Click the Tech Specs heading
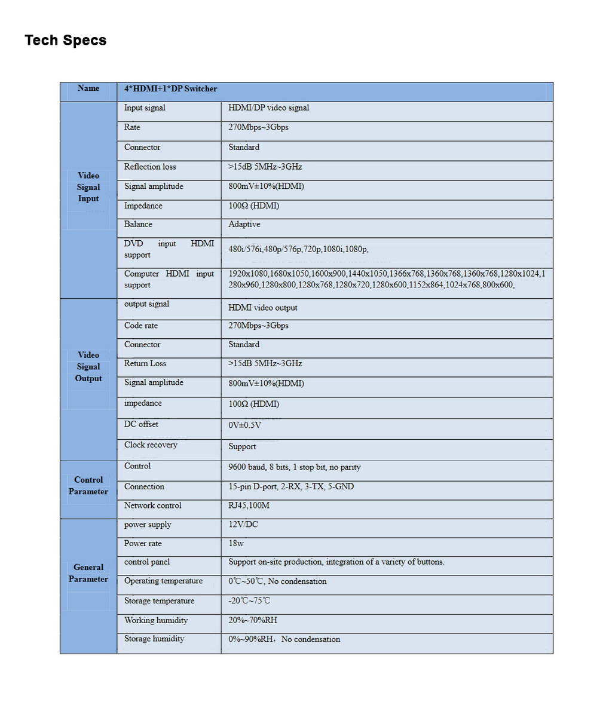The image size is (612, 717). coord(66,40)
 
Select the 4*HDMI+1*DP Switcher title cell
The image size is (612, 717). coord(170,89)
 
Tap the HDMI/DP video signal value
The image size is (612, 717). coord(268,108)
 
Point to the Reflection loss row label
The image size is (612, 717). coord(150,167)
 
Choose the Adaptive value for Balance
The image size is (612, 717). coord(244,225)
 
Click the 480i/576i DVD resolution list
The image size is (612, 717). coord(298,249)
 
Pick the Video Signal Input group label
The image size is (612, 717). coord(88,187)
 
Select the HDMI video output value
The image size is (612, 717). coord(262,308)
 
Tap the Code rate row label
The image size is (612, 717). coord(141,326)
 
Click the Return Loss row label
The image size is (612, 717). coord(145,363)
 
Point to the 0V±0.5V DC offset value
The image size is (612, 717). coord(244,425)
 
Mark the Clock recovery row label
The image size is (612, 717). coord(151,445)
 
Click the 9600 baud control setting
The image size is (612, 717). coord(294,467)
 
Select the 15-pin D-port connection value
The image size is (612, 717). coord(290,487)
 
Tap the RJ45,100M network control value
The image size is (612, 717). coord(249,505)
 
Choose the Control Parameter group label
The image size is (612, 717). coord(88,486)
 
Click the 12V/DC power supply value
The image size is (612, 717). coord(243,525)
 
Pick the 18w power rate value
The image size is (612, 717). coord(236,544)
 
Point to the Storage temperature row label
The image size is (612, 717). coord(159,601)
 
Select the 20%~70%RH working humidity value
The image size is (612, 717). coord(252,620)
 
